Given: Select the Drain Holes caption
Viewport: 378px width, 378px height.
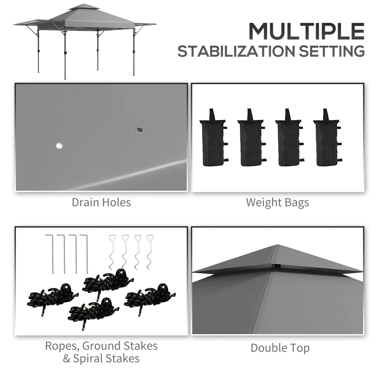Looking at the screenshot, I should coord(101,202).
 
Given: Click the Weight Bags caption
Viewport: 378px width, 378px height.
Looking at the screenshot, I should coord(277,202).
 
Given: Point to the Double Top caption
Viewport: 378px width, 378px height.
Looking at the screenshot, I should coord(280,348).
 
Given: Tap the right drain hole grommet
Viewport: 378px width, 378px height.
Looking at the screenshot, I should coord(139,129).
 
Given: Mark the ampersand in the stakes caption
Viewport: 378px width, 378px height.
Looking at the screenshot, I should coord(67,359).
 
